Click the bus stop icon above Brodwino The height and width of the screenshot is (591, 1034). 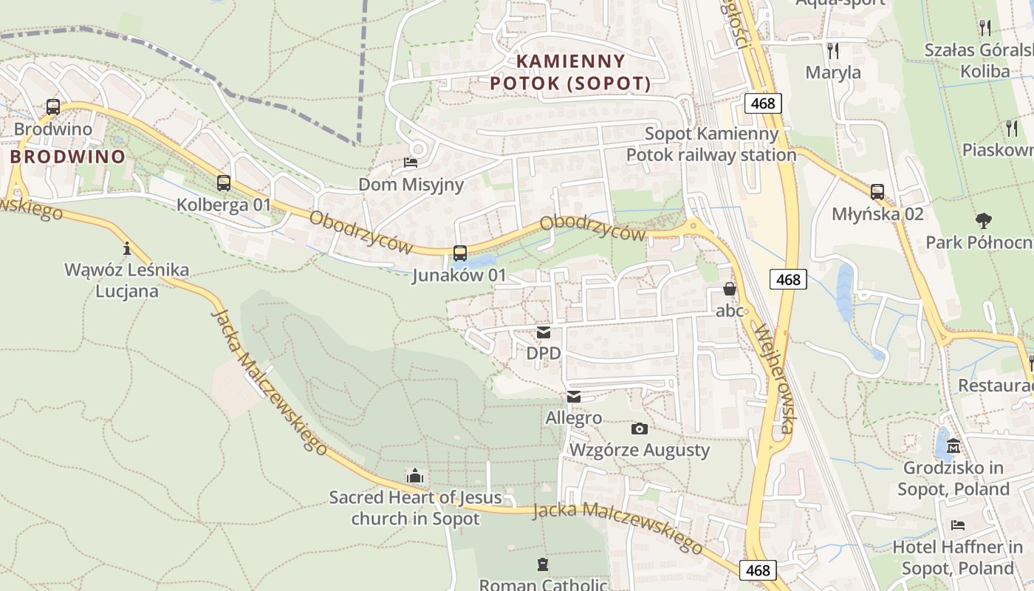[52, 107]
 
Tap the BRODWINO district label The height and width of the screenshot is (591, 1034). [67, 157]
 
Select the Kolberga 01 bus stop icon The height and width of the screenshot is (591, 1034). [224, 183]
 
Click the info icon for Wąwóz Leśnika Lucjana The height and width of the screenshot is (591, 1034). [126, 248]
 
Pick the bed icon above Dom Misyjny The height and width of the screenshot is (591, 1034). [411, 163]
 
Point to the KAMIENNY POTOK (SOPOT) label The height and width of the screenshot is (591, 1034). [570, 72]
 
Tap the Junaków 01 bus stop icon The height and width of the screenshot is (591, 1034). [459, 253]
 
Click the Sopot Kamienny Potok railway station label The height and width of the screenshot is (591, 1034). [711, 144]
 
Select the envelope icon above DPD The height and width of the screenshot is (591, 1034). [544, 332]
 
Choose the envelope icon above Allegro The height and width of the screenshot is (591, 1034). [574, 397]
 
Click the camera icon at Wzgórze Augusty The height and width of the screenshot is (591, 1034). [640, 428]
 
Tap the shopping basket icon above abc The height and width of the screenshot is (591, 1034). [730, 289]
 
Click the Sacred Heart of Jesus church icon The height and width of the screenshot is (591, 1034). [415, 476]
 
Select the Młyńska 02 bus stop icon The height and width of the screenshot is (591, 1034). [877, 192]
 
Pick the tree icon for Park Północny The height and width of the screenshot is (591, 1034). [983, 220]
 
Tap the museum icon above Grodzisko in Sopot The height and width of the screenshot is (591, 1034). [953, 446]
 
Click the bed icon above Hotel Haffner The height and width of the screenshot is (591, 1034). [958, 525]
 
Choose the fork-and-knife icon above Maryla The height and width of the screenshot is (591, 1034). [833, 50]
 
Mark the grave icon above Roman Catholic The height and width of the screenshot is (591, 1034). [543, 564]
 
